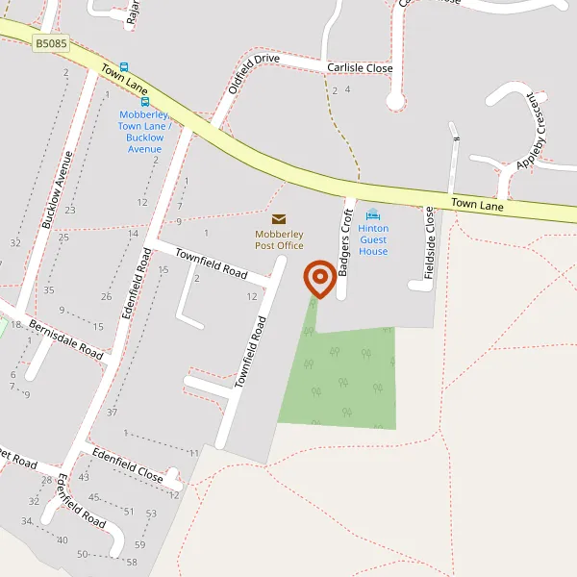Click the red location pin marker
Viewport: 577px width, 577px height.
[x=319, y=279]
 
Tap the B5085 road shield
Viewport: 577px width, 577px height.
[x=52, y=44]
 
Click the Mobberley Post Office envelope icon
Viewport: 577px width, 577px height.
[x=279, y=219]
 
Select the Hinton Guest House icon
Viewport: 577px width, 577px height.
[x=373, y=214]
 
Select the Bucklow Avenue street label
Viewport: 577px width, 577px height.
[x=57, y=189]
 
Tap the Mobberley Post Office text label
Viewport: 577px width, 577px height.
[x=279, y=239]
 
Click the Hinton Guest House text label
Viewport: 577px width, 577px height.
[x=373, y=239]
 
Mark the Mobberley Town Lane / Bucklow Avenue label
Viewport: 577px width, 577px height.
[x=144, y=132]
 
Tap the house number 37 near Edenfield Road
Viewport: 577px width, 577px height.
[x=112, y=413]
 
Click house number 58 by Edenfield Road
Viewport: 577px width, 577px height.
[x=132, y=562]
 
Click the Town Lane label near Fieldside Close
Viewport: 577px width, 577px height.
[x=478, y=205]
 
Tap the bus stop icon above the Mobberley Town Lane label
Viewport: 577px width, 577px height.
[x=145, y=101]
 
